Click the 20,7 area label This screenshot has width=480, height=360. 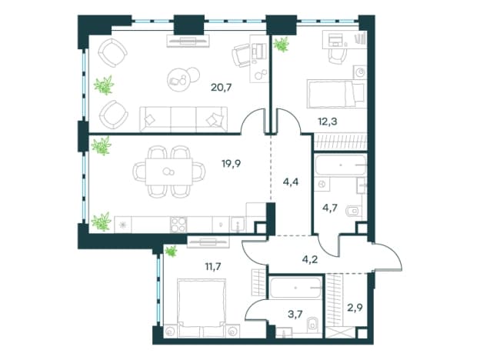221,88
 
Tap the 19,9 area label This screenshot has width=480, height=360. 231,164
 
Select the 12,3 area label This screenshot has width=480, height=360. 327,122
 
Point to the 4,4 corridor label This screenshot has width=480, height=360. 291,182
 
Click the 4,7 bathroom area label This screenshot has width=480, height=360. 330,208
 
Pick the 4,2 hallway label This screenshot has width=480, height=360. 310,259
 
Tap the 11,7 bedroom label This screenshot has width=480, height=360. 213,267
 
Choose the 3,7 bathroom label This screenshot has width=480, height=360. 295,315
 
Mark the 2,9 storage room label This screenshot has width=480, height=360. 355,307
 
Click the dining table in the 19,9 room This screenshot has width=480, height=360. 169,172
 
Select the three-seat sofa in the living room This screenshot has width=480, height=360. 183,119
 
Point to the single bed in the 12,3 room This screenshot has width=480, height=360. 337,94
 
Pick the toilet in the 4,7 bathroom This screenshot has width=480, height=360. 353,211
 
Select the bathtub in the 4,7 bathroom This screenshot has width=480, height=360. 341,165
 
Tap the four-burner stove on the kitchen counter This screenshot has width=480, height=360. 178,225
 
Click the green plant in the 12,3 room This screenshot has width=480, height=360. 282,45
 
